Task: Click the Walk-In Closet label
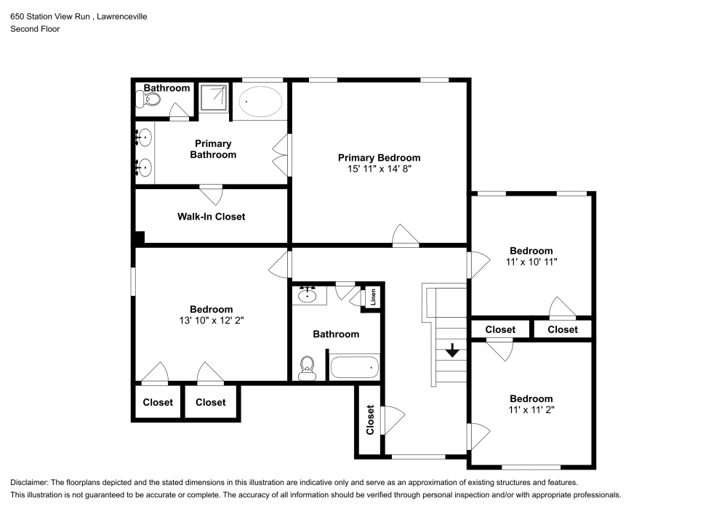point(211,217)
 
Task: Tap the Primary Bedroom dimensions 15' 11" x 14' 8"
point(379,169)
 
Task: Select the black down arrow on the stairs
point(452,350)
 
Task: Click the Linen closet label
point(373,297)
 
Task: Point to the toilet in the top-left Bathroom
point(147,99)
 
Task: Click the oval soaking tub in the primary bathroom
point(260,102)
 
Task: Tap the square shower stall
point(214,98)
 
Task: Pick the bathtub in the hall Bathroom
point(355,367)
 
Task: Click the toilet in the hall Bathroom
point(307,368)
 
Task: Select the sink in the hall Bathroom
point(308,294)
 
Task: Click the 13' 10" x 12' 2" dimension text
point(212,321)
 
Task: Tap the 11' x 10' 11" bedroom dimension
point(531,262)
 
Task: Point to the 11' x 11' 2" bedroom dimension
point(531,410)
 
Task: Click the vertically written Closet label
point(370,420)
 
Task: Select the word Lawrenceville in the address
point(122,17)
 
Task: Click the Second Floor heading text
point(35,29)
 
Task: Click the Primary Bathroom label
point(213,149)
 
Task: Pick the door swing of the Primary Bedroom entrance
point(405,235)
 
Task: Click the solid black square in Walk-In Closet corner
point(139,237)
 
